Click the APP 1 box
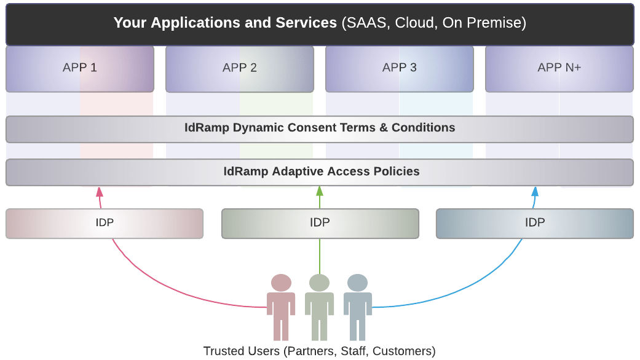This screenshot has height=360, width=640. click(x=80, y=69)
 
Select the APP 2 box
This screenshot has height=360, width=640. click(x=240, y=69)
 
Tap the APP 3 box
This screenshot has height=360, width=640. click(x=400, y=69)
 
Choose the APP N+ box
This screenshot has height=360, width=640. click(x=559, y=69)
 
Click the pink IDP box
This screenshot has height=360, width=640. click(x=105, y=224)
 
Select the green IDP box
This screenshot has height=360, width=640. click(x=320, y=224)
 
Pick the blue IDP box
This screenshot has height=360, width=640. click(x=535, y=224)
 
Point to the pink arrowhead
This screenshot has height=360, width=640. click(x=99, y=192)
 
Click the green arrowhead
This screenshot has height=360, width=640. click(x=320, y=191)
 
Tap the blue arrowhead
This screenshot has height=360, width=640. click(x=535, y=192)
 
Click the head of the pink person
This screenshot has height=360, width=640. click(x=281, y=283)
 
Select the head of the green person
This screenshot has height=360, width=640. click(x=319, y=283)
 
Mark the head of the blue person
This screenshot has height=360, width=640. click(x=358, y=283)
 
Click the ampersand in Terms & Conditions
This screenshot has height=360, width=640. click(x=383, y=128)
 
